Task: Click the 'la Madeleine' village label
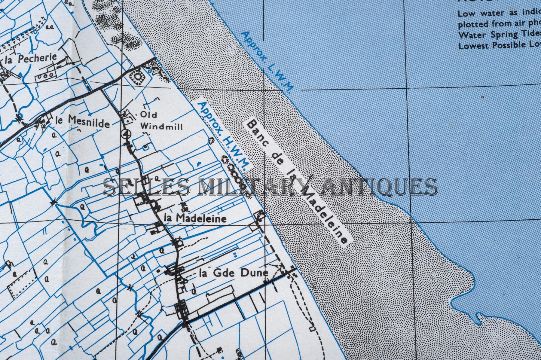[x=195, y=218]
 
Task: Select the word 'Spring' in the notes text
[x=496, y=35]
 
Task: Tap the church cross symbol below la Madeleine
[x=180, y=242]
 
